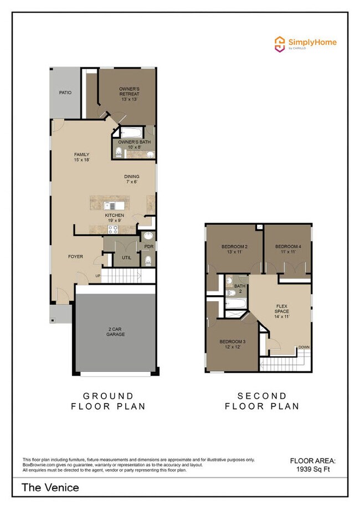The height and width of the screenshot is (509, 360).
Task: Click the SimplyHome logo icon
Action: click(280, 43)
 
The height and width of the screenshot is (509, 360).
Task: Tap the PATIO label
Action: click(65, 92)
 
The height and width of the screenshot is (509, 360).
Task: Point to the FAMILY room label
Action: click(82, 157)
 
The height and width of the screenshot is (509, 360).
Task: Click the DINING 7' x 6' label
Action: click(132, 179)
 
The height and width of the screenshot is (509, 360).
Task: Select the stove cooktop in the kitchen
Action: click(114, 230)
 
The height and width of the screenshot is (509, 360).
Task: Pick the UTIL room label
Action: click(126, 257)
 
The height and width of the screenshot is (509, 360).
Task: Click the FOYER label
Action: click(76, 256)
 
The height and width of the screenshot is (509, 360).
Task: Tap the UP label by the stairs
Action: click(98, 276)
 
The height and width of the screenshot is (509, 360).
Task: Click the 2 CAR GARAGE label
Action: click(116, 332)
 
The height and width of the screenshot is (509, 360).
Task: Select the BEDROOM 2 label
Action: click(234, 249)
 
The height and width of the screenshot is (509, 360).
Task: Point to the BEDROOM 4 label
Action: click(288, 249)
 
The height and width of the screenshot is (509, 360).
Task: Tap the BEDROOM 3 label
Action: click(233, 344)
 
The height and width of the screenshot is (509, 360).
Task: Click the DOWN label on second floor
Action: click(304, 347)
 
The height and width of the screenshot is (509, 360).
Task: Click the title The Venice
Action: click(50, 487)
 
